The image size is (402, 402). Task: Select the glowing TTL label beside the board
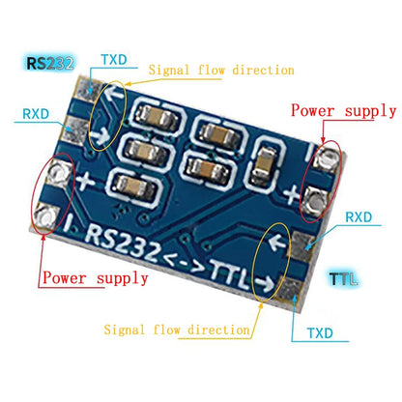[x=341, y=279]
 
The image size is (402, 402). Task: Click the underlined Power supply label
[x=95, y=278]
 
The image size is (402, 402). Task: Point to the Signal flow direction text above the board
[x=221, y=71]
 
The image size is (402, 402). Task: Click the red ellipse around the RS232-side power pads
[x=46, y=193]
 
